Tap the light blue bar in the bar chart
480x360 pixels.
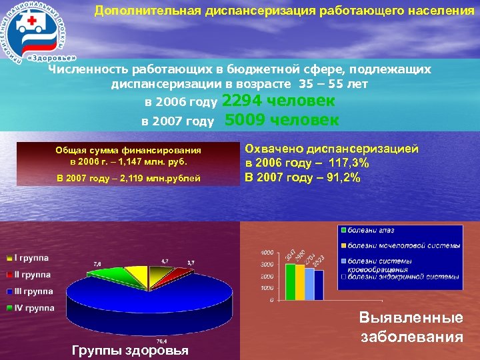tap(309, 284)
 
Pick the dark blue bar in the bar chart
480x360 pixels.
tap(318, 285)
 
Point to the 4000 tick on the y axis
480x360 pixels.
tap(265, 253)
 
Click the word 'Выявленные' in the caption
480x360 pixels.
tap(411, 319)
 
